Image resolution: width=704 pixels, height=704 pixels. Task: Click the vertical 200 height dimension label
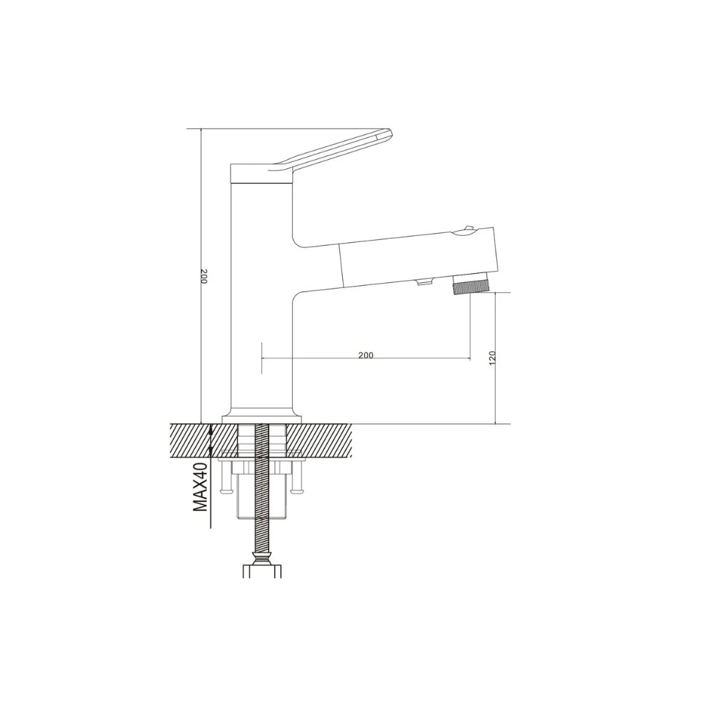tap(203, 276)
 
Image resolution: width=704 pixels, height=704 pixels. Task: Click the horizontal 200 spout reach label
tap(366, 355)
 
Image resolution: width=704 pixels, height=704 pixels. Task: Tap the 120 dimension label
tap(493, 358)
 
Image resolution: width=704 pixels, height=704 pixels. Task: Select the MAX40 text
tap(200, 487)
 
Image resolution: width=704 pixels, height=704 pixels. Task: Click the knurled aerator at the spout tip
tap(470, 287)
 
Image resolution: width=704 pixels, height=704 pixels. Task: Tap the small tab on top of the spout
tap(467, 230)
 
